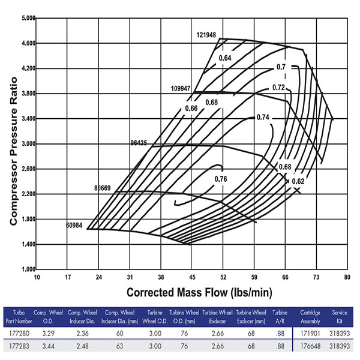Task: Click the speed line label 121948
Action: click(x=206, y=35)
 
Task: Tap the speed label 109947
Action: click(x=181, y=88)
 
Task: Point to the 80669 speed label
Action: click(x=103, y=188)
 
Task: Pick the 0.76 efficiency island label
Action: click(x=221, y=179)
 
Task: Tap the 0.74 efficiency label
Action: click(x=263, y=117)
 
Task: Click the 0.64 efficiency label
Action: click(x=225, y=58)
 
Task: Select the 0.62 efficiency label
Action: click(x=298, y=181)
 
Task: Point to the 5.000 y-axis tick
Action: click(x=28, y=19)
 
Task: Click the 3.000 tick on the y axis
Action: click(x=28, y=144)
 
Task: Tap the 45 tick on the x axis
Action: click(x=192, y=277)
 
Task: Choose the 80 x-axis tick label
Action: click(x=347, y=277)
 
